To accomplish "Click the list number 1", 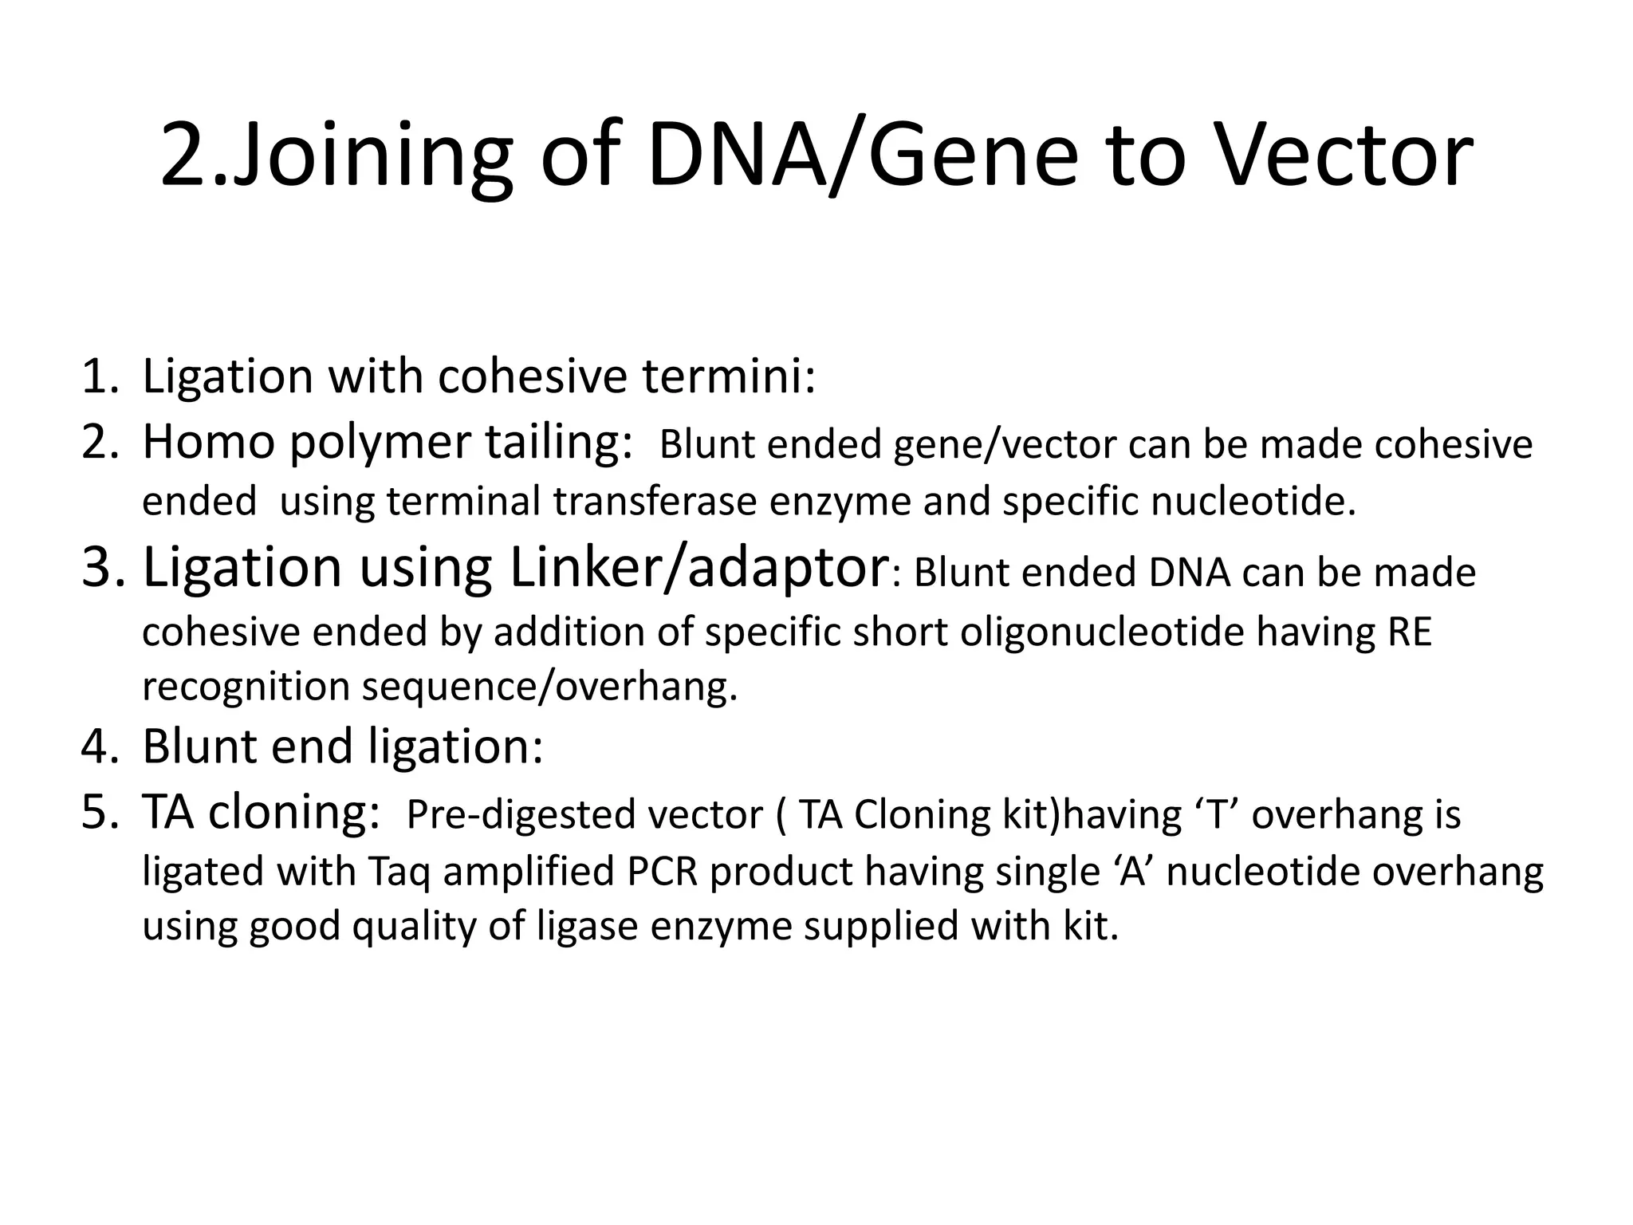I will coord(99,377).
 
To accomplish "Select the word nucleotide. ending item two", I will coord(1253,502).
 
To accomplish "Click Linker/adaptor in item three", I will coord(698,568).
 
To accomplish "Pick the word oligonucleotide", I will coord(1102,632).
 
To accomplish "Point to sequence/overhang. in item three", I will coord(550,687).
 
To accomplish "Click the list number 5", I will coord(99,813).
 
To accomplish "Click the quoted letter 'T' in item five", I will coord(1218,815).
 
